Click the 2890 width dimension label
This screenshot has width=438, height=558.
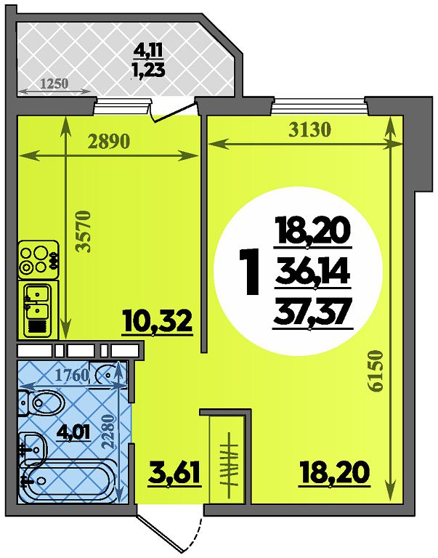(x=109, y=142)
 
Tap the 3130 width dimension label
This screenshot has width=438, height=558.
(x=309, y=130)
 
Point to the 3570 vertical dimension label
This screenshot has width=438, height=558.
(x=85, y=232)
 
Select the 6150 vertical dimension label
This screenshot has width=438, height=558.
(x=376, y=371)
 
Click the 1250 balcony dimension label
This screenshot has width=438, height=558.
(x=54, y=84)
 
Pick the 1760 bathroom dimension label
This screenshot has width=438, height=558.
(x=72, y=375)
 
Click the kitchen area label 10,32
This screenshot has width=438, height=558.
(x=158, y=321)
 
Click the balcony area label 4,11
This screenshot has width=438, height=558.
(x=148, y=52)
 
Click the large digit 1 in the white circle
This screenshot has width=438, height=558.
(x=250, y=272)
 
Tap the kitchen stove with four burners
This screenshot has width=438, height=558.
(x=38, y=259)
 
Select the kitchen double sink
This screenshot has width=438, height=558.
(x=38, y=308)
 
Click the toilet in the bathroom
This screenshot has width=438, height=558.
(x=41, y=403)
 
